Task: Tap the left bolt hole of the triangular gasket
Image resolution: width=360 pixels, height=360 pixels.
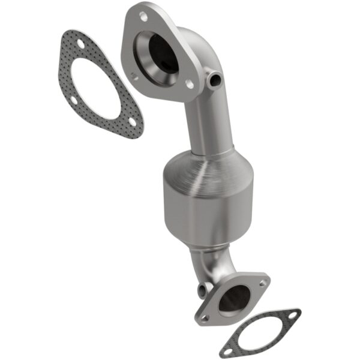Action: click(71, 101)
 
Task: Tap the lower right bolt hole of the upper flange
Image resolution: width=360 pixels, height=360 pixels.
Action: click(190, 85)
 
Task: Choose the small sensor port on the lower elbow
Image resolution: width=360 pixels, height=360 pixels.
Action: click(202, 290)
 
